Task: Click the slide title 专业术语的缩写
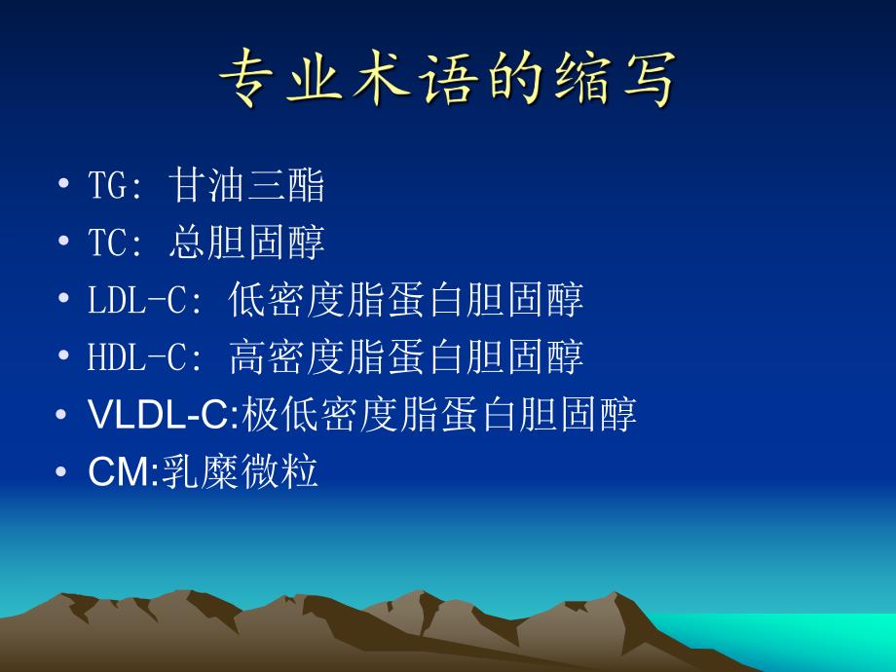(x=447, y=79)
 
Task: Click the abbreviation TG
(x=108, y=186)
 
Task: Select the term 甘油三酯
(x=246, y=186)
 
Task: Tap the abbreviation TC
(x=108, y=243)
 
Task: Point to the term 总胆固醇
(x=246, y=243)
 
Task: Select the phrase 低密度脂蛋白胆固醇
(x=406, y=300)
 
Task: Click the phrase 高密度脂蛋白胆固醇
(x=406, y=357)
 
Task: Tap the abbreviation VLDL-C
(x=160, y=416)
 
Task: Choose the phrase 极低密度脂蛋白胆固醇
(x=438, y=416)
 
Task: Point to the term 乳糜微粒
(x=241, y=473)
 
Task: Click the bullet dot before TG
(x=63, y=185)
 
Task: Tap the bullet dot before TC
(x=63, y=243)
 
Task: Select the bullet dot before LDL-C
(x=63, y=299)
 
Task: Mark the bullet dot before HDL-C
(x=63, y=356)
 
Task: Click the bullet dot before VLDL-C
(x=63, y=415)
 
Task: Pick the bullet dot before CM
(x=63, y=472)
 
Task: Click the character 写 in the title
(x=646, y=80)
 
